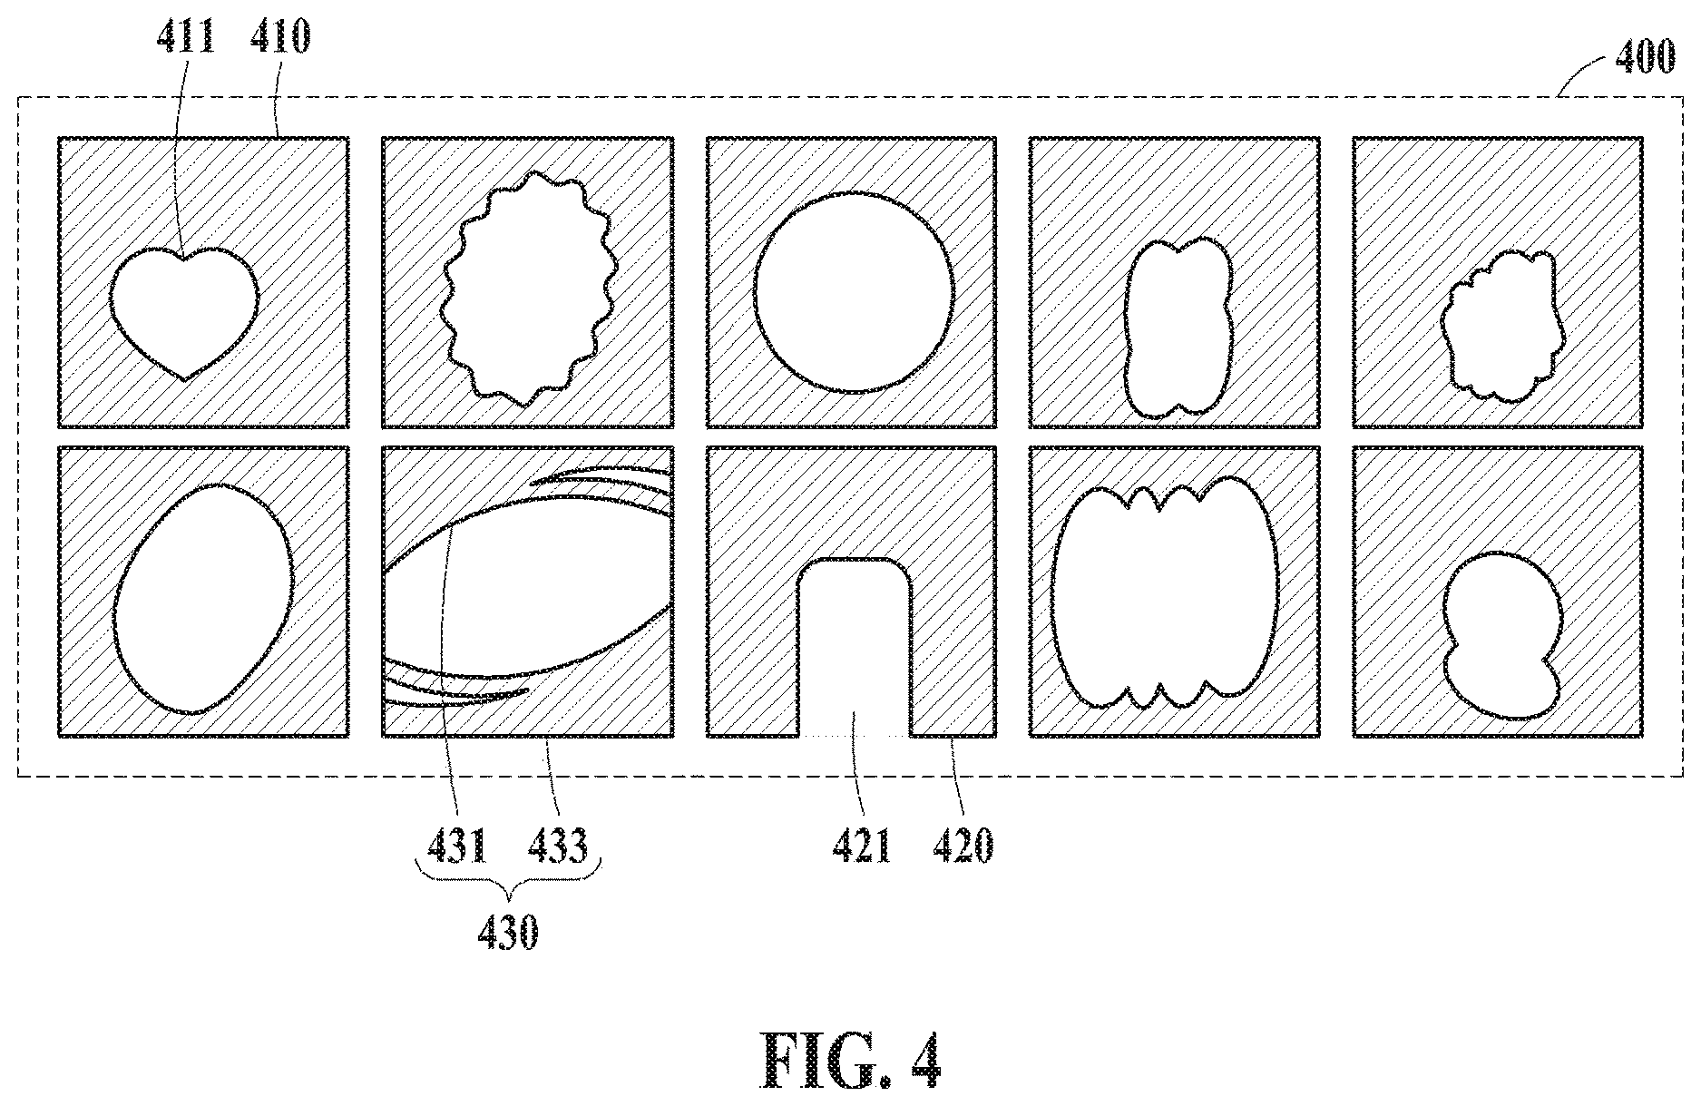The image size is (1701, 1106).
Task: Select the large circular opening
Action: coord(854,293)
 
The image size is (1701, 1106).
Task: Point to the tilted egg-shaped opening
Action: coord(204,599)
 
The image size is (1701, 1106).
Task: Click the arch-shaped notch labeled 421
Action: coord(855,649)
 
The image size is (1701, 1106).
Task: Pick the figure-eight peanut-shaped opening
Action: coord(1178,328)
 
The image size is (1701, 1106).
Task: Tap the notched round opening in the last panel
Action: coord(1502,635)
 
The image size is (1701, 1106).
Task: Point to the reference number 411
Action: coord(186,36)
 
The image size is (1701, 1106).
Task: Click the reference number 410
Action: coord(279,36)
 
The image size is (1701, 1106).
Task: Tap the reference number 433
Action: coord(558,847)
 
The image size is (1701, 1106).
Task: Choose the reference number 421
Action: coord(863,847)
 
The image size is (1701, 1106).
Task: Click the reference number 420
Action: coord(963,847)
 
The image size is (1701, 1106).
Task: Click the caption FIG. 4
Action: coord(850,1061)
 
